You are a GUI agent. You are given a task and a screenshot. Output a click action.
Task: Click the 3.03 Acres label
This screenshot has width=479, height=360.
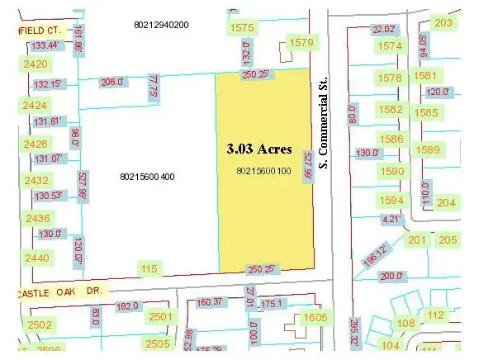pyautogui.click(x=258, y=149)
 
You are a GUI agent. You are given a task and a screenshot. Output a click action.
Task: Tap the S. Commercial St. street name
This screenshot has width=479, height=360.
pyautogui.click(x=325, y=132)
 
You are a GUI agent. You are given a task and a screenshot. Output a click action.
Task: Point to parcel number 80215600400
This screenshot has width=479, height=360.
pyautogui.click(x=147, y=177)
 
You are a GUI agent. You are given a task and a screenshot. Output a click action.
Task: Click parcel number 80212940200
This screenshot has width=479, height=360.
pyautogui.click(x=162, y=25)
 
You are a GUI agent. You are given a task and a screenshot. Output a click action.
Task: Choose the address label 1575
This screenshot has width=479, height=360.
pyautogui.click(x=243, y=28)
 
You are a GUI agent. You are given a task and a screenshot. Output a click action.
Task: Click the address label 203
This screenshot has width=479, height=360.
pyautogui.click(x=444, y=22)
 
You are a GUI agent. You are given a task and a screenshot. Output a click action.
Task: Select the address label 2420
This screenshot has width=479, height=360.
pyautogui.click(x=36, y=64)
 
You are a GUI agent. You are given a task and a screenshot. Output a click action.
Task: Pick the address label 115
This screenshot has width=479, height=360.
pyautogui.click(x=149, y=268)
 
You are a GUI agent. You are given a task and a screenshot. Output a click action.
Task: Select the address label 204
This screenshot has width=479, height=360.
pyautogui.click(x=447, y=203)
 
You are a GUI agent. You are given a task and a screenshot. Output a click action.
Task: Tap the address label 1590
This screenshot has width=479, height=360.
pyautogui.click(x=394, y=172)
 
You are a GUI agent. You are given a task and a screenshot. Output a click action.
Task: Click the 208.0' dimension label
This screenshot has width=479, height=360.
pyautogui.click(x=111, y=82)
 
